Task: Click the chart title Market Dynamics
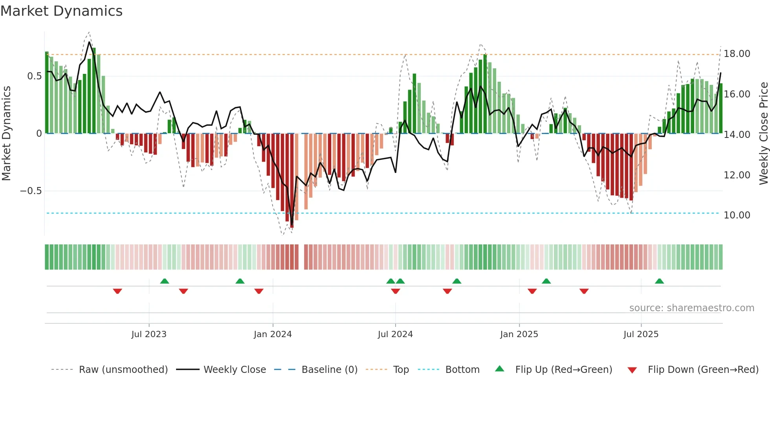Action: pyautogui.click(x=61, y=11)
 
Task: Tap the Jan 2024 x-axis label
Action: pyautogui.click(x=273, y=334)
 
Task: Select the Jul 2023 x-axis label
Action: pyautogui.click(x=149, y=334)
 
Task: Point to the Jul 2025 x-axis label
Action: pyautogui.click(x=641, y=334)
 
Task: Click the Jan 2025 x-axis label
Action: pyautogui.click(x=519, y=334)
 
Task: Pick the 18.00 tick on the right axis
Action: pyautogui.click(x=737, y=54)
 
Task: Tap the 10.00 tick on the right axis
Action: pyautogui.click(x=737, y=215)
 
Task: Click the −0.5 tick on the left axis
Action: pyautogui.click(x=31, y=191)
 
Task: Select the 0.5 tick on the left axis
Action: pyautogui.click(x=34, y=76)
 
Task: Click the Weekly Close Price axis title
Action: pyautogui.click(x=763, y=134)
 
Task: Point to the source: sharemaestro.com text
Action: pyautogui.click(x=691, y=308)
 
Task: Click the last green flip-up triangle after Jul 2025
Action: pyautogui.click(x=659, y=281)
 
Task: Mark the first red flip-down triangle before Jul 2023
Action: pyautogui.click(x=117, y=291)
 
